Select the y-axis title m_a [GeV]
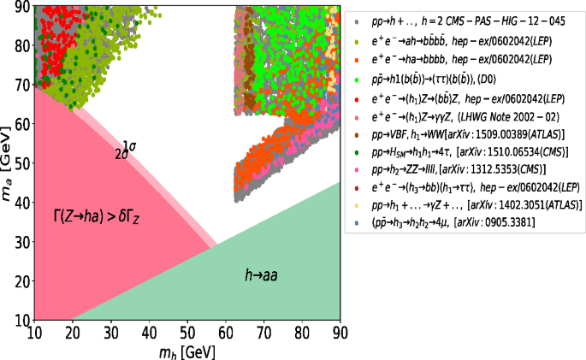tap(8, 162)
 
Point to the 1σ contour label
tap(129, 146)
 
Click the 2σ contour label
tap(121, 154)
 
